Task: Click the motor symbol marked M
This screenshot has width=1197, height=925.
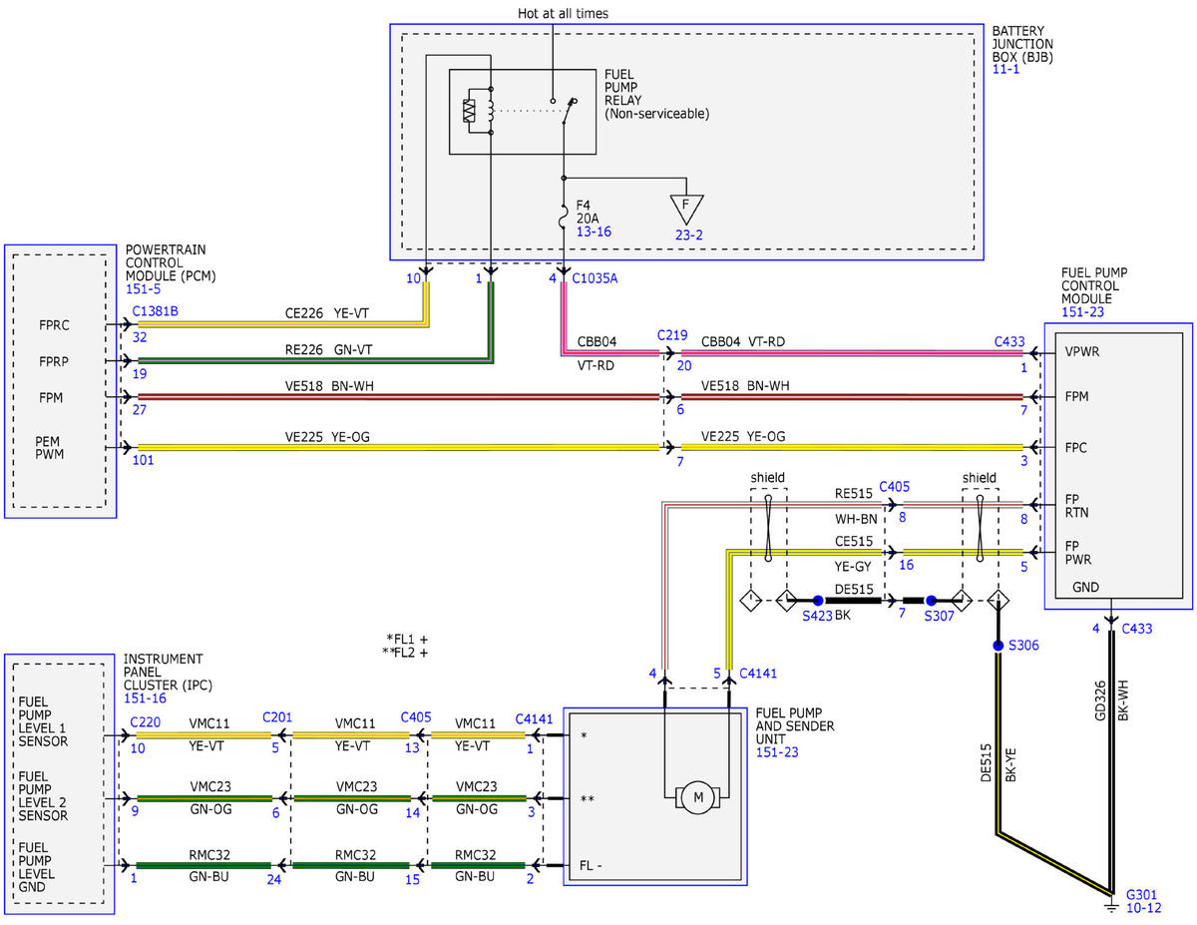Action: click(698, 796)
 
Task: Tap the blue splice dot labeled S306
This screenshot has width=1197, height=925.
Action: click(997, 646)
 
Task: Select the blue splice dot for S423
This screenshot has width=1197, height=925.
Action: click(818, 601)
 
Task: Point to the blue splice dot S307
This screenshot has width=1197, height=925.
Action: click(931, 601)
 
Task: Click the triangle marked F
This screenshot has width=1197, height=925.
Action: click(686, 209)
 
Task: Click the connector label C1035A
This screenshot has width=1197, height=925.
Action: click(595, 278)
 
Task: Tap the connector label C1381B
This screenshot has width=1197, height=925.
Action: click(155, 311)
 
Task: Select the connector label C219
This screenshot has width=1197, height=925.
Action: click(672, 335)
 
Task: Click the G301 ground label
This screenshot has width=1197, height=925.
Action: click(1141, 895)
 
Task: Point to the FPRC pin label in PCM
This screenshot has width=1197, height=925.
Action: click(54, 325)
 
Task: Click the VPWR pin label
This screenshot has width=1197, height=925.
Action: click(1082, 351)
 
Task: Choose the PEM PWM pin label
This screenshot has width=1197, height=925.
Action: click(49, 447)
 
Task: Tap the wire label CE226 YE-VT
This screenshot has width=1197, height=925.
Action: click(326, 313)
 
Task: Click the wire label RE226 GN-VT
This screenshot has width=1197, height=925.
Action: click(328, 349)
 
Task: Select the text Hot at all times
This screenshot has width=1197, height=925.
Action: click(563, 13)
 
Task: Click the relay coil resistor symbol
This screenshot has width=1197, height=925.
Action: click(469, 110)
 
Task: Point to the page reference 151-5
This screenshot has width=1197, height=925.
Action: click(143, 289)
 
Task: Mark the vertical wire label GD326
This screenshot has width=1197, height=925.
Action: click(1099, 700)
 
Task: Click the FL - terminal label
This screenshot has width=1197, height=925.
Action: click(590, 865)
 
